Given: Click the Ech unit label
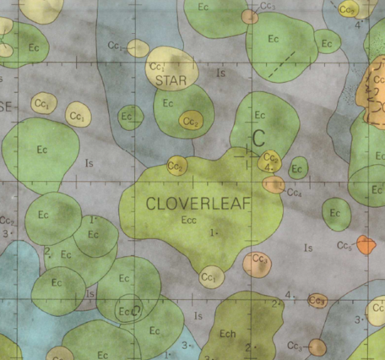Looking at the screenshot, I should coord(227,332).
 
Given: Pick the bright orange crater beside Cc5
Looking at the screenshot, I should coord(366,245).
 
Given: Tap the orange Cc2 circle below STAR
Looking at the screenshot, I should coord(192,123).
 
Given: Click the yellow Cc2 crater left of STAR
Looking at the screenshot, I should coord(138,49).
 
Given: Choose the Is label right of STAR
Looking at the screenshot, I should coord(220,74).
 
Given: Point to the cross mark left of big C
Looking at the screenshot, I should coord(247,153).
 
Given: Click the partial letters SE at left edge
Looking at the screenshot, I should coord(7,106).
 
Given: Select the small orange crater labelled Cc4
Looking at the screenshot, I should coord(274,185).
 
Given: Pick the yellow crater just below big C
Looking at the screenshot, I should coord(271,158).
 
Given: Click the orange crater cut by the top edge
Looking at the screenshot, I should coord(249,16).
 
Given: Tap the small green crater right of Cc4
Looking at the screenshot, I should coord(298,168).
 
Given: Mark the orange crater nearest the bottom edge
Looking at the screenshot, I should coord(317,346).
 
